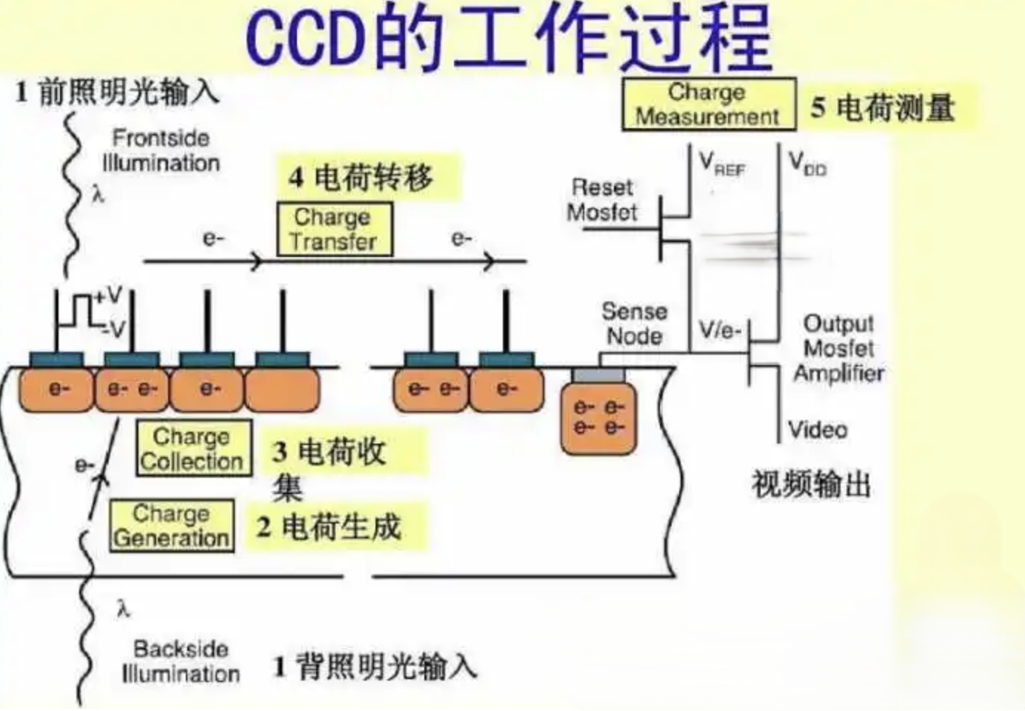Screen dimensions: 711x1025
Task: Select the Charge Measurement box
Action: click(x=708, y=104)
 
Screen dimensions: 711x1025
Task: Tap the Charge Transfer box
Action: click(x=334, y=230)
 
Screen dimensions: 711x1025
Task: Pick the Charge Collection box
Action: click(x=193, y=449)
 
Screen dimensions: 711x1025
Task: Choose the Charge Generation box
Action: click(x=171, y=526)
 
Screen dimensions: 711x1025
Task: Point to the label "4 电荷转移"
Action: click(x=362, y=178)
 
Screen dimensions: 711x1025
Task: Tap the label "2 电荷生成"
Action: click(x=330, y=527)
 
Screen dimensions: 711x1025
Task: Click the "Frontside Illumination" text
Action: click(x=161, y=150)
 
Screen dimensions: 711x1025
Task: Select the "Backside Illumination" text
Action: click(x=180, y=661)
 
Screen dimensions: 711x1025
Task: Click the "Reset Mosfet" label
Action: click(x=602, y=200)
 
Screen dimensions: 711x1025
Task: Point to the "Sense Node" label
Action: click(x=634, y=324)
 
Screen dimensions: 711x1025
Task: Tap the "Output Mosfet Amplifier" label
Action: click(x=838, y=348)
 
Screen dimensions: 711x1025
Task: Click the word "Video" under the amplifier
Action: click(x=818, y=430)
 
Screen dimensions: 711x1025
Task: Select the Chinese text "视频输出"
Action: click(x=811, y=485)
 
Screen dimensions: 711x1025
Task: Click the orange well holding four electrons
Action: click(x=599, y=418)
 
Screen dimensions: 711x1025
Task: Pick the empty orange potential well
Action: click(x=282, y=390)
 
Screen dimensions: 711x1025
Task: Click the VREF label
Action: click(x=722, y=163)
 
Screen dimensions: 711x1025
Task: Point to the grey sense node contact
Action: click(x=598, y=375)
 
